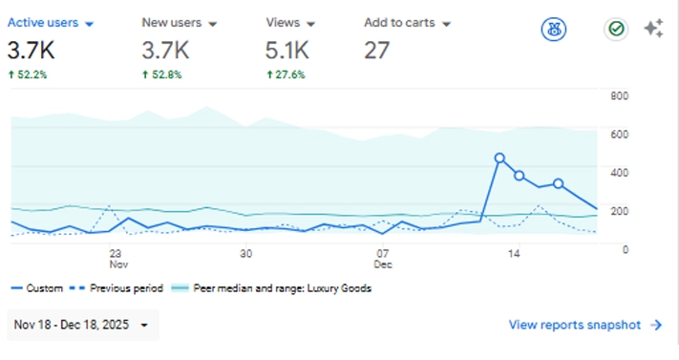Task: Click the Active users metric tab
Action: pyautogui.click(x=50, y=22)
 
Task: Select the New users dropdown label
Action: pyautogui.click(x=179, y=22)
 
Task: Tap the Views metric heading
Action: pyautogui.click(x=289, y=22)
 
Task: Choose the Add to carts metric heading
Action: pyautogui.click(x=407, y=22)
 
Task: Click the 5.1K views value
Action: pyautogui.click(x=287, y=48)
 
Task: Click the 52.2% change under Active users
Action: pyautogui.click(x=28, y=74)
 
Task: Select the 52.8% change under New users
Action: pyautogui.click(x=162, y=74)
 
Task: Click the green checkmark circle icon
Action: pyautogui.click(x=616, y=29)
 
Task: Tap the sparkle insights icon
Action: pyautogui.click(x=654, y=29)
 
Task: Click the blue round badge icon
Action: pyautogui.click(x=552, y=29)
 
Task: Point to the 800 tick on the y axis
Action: pyautogui.click(x=619, y=95)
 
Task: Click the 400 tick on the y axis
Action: pyautogui.click(x=619, y=172)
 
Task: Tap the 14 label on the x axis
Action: pyautogui.click(x=514, y=254)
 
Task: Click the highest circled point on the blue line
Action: pyautogui.click(x=499, y=159)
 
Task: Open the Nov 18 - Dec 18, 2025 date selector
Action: pyautogui.click(x=82, y=325)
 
